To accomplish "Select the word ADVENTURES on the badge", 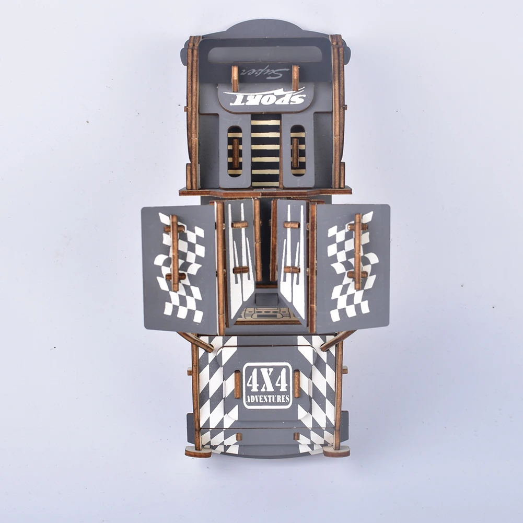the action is [268, 399].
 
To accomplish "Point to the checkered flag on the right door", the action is [353, 266].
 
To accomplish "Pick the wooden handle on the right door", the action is [357, 251].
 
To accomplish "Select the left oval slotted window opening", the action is [235, 151].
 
